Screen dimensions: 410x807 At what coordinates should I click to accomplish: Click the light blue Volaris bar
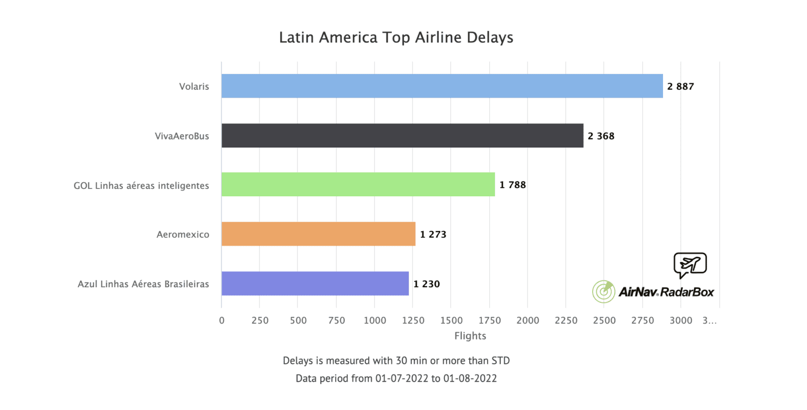(441, 86)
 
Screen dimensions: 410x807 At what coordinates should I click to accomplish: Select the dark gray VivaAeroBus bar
(402, 135)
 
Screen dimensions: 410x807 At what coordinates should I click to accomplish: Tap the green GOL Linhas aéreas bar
(358, 184)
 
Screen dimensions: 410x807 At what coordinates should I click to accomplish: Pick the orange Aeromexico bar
(318, 234)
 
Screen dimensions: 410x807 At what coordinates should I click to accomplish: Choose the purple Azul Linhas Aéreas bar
(315, 283)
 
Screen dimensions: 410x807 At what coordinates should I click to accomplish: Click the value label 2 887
(680, 87)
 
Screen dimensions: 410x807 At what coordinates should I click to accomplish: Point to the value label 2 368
(601, 136)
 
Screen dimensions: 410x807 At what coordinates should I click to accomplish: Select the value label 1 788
(512, 185)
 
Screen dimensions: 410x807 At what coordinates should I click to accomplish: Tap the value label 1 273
(433, 234)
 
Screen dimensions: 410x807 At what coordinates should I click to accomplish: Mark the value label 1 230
(426, 284)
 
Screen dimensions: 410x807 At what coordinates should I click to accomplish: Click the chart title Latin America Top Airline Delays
(396, 38)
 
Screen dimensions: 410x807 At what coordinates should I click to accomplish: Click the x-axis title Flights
(470, 336)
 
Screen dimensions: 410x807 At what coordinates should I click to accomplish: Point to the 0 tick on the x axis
(222, 320)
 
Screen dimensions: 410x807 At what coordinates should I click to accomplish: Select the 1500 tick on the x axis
(451, 320)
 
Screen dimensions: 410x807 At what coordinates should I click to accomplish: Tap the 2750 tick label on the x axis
(642, 320)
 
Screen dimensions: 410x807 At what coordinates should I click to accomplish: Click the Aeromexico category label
(182, 234)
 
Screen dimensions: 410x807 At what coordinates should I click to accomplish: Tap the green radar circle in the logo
(604, 291)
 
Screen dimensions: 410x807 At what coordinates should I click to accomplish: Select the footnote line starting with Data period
(396, 378)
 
